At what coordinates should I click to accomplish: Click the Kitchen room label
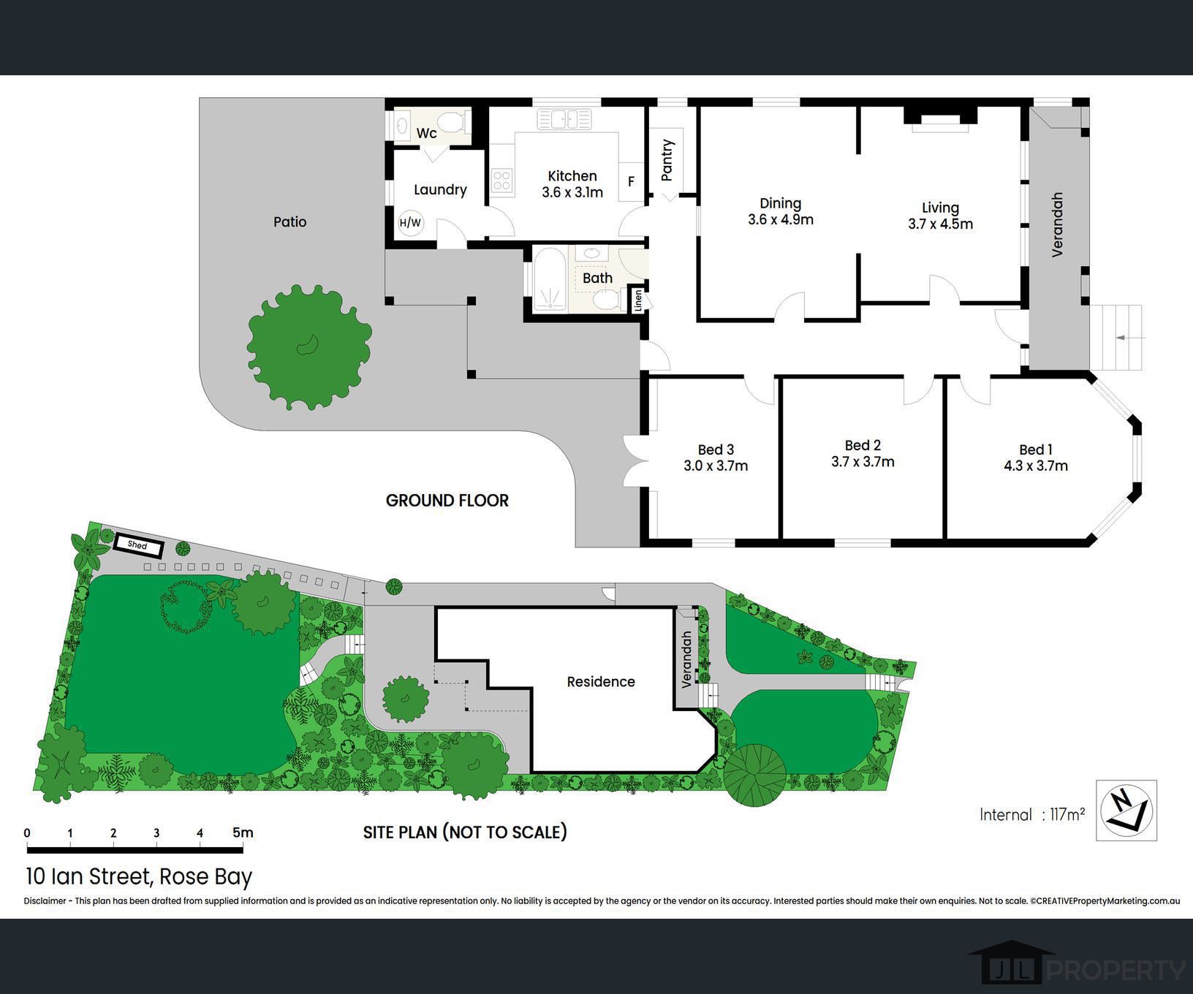click(x=572, y=176)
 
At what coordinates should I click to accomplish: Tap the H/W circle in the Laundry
click(x=411, y=223)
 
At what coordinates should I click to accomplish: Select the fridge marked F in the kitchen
click(x=631, y=181)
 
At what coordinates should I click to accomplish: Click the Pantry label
click(x=667, y=160)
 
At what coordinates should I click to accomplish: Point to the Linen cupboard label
click(x=638, y=300)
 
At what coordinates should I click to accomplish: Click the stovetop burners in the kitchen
click(x=501, y=181)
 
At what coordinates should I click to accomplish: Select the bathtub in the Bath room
click(x=549, y=280)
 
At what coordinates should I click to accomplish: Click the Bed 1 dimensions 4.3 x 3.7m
click(x=1036, y=466)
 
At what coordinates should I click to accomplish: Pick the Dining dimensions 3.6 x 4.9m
click(x=781, y=219)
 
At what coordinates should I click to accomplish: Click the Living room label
click(x=940, y=208)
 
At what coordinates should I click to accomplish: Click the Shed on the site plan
click(x=137, y=545)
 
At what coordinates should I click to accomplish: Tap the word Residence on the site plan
click(x=601, y=682)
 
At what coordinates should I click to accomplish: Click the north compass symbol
click(x=1126, y=811)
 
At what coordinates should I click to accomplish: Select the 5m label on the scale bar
click(x=243, y=832)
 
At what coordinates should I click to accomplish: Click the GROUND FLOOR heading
click(x=447, y=501)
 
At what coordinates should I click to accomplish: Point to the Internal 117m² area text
click(x=1032, y=814)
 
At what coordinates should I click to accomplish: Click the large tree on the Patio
click(x=309, y=347)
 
